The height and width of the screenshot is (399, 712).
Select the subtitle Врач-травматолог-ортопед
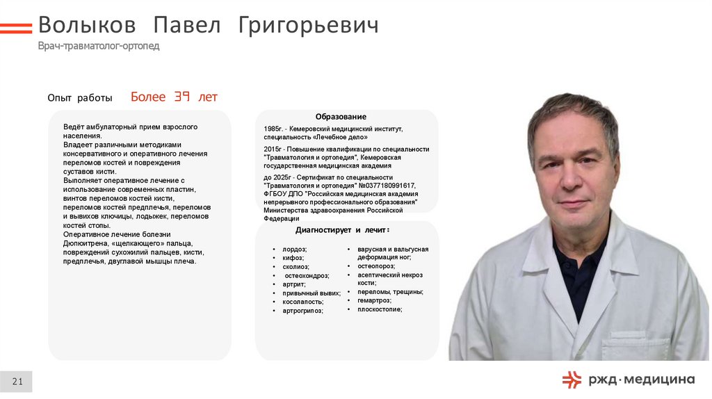(x=99, y=46)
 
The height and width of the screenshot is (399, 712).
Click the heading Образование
(x=341, y=117)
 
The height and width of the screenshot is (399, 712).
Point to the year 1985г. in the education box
(x=274, y=129)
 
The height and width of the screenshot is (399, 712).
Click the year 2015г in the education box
(x=273, y=149)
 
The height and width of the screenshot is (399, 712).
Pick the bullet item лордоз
(x=295, y=249)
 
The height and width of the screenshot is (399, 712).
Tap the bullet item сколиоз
(x=296, y=267)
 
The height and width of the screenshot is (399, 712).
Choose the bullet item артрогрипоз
(x=303, y=311)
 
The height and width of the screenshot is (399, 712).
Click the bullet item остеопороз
(x=376, y=266)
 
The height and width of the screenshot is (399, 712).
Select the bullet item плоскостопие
(x=380, y=309)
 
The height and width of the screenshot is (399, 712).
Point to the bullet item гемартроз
(x=374, y=300)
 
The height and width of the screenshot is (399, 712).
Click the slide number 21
(x=17, y=381)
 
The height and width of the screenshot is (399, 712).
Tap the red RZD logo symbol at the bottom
(x=572, y=379)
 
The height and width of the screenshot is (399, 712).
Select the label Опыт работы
(x=80, y=99)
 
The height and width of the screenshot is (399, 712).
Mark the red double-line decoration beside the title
(x=15, y=28)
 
